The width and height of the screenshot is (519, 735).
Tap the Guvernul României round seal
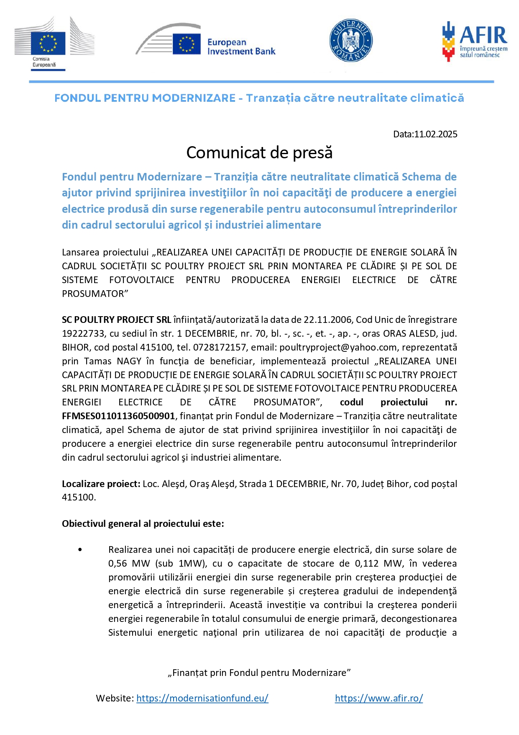(350, 41)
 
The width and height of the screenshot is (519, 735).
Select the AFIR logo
(474, 41)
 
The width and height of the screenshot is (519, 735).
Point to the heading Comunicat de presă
(259, 153)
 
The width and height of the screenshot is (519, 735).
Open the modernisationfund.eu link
(202, 698)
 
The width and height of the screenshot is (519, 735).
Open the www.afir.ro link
(379, 698)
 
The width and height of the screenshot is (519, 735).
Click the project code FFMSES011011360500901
(118, 416)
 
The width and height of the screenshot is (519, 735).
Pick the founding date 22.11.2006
(327, 320)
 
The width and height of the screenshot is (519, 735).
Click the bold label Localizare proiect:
(101, 484)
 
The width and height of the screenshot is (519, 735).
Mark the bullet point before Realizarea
(80, 549)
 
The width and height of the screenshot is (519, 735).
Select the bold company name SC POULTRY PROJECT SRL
(116, 320)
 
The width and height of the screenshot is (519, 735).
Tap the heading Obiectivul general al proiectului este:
(143, 524)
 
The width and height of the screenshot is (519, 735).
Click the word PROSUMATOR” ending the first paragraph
(95, 294)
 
